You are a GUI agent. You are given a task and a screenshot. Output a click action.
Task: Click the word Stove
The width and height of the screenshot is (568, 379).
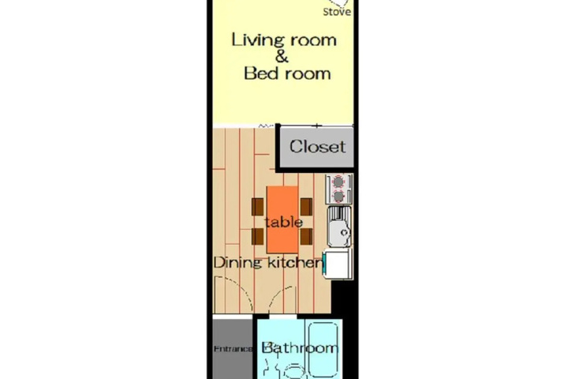pos(337,12)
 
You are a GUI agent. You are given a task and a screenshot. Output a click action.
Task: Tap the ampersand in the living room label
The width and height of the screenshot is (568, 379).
pos(282,57)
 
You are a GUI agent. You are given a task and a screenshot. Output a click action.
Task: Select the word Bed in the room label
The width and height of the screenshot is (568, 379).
pos(261,73)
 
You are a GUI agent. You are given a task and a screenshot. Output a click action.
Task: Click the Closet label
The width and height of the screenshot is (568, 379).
pos(317,147)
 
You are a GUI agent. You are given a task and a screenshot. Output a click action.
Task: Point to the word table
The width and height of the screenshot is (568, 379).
pos(284,223)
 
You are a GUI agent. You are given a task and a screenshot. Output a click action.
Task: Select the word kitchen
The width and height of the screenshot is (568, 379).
pos(294,263)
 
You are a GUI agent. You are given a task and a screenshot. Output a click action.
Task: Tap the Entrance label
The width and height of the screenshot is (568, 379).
pos(233,349)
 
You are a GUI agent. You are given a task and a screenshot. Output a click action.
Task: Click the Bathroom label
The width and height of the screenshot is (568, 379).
pos(300,348)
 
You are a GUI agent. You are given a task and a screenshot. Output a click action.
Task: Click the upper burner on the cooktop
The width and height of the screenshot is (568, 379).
pos(338,181)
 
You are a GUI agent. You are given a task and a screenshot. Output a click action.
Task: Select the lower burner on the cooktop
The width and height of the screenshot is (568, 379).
pos(338,196)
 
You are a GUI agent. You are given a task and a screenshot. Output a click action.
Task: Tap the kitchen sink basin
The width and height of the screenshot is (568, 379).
pos(340,227)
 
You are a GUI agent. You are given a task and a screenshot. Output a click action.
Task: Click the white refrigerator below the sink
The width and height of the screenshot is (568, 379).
pos(338,264)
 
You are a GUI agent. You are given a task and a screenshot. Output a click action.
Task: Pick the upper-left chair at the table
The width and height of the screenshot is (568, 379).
pos(257,207)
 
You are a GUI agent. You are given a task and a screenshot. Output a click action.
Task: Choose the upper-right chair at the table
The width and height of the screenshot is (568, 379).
pos(306,207)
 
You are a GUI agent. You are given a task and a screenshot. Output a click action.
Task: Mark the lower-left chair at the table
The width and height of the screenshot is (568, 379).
pos(257,236)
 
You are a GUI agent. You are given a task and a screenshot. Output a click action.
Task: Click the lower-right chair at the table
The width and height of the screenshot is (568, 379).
pos(306,236)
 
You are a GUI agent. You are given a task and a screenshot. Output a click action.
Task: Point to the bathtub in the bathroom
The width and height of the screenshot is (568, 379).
pos(324,349)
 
